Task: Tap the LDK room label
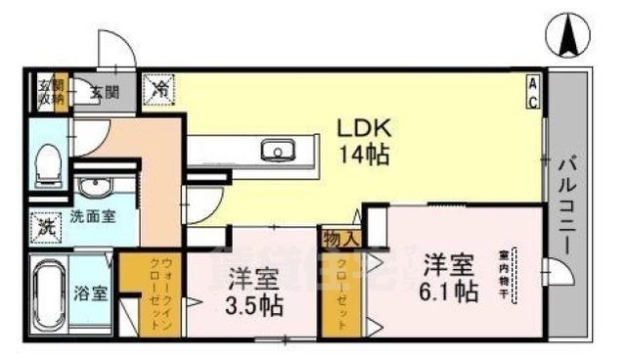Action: pos(365,128)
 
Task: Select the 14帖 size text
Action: pos(365,155)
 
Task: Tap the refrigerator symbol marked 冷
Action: pos(159,89)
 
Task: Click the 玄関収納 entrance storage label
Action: pos(51,91)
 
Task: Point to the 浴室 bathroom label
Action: pos(94,292)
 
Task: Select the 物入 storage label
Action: pos(338,237)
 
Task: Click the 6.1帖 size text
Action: pos(450,292)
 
